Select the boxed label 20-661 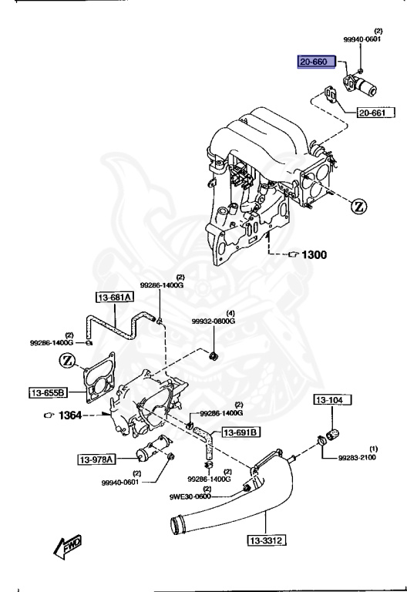click(x=376, y=115)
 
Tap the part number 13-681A click(x=114, y=298)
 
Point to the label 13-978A click(x=96, y=460)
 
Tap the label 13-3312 click(x=267, y=540)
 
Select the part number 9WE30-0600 click(x=190, y=497)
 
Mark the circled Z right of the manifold click(x=359, y=206)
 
